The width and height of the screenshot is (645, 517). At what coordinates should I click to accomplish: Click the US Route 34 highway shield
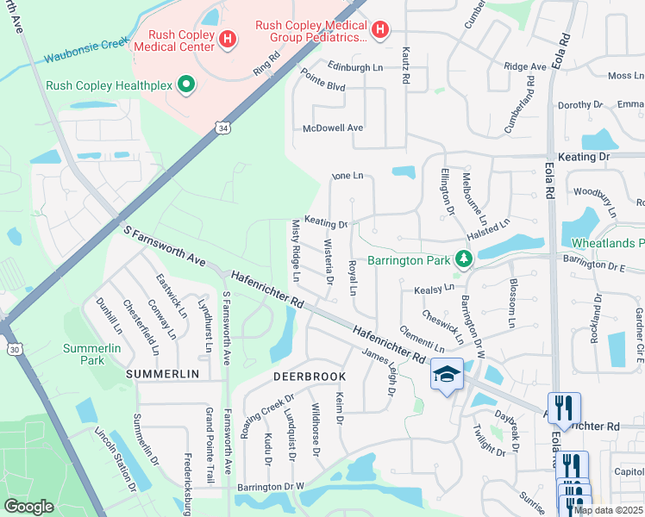pos(222,128)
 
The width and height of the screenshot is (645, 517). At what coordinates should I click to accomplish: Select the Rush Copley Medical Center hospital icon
pos(228,39)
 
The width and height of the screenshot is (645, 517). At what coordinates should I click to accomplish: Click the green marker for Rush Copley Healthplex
pos(185,84)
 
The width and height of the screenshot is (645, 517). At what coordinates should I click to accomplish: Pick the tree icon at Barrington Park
pos(464,258)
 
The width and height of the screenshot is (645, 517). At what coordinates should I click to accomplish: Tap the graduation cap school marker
pos(447,375)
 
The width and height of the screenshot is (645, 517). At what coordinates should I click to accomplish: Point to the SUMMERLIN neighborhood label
pos(162,374)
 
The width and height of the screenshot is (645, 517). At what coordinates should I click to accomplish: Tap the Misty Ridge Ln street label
pos(294,251)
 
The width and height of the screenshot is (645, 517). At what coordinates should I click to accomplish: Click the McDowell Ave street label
pos(333,128)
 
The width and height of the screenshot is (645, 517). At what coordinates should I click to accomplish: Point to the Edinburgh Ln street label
pos(354,67)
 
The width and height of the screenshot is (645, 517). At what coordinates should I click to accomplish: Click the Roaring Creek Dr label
pos(268,416)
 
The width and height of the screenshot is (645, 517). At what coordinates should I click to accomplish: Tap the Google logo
pos(28,507)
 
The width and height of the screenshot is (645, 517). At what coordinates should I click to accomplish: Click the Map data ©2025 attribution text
pos(609,510)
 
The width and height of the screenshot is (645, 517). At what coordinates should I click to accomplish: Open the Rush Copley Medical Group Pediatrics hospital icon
pos(380,32)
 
